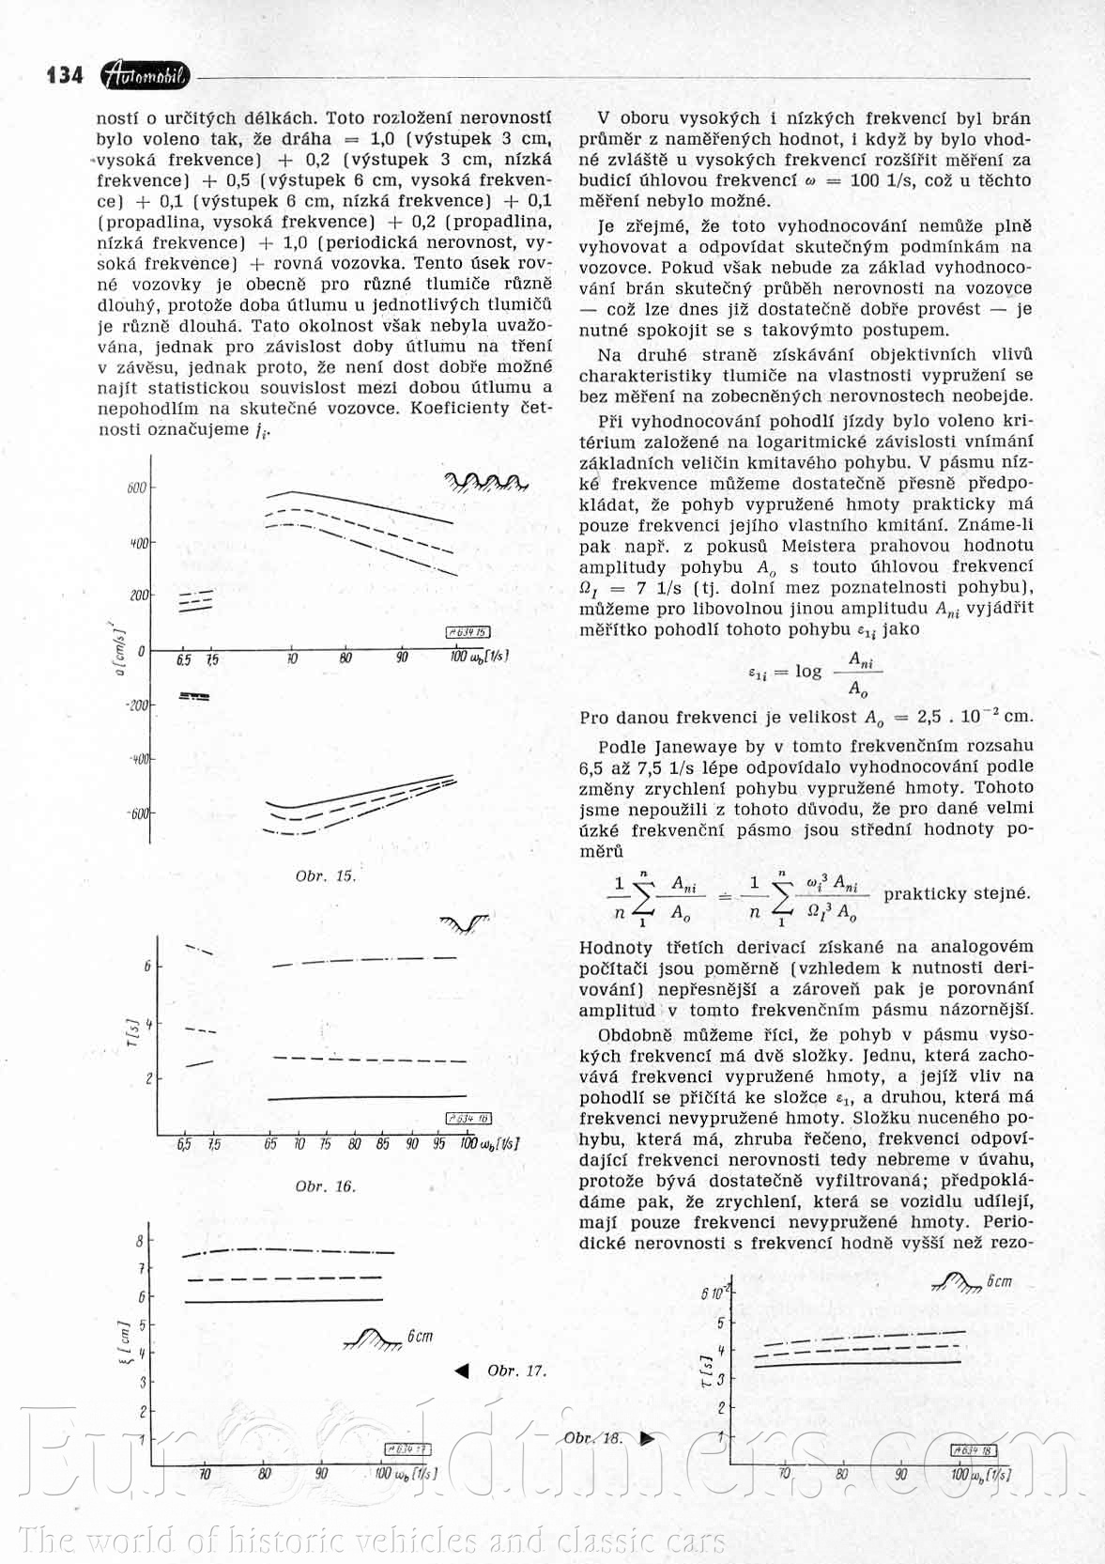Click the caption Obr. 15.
coord(326,875)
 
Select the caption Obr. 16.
coord(326,1185)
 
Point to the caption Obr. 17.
coord(516,1370)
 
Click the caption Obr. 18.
coord(593,1437)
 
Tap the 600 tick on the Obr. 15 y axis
coord(135,488)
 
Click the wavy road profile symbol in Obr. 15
coord(484,482)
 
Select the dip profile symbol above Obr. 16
coord(466,924)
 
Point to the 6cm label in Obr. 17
coord(420,1336)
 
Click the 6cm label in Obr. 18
coord(999,1281)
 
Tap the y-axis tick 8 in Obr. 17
coord(140,1241)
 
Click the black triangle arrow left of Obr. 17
coord(461,1371)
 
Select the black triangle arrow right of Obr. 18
coord(647,1437)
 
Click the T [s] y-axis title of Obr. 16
coord(132,1037)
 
